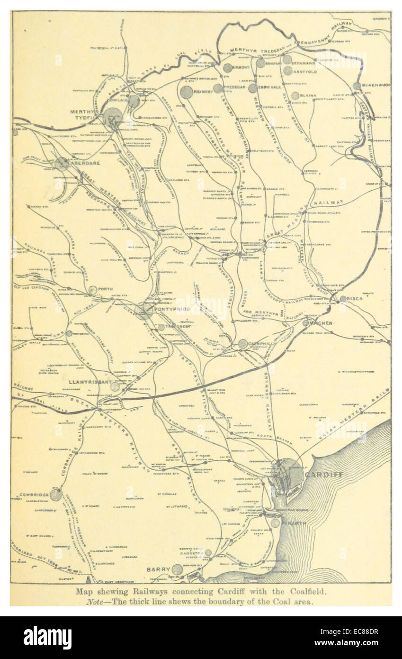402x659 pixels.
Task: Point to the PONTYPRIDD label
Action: tap(169, 309)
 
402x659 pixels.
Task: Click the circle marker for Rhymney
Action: tap(187, 92)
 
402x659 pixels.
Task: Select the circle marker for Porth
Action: tap(93, 290)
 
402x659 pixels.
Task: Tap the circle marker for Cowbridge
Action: tap(56, 495)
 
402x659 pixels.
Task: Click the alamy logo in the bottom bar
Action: tap(47, 638)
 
